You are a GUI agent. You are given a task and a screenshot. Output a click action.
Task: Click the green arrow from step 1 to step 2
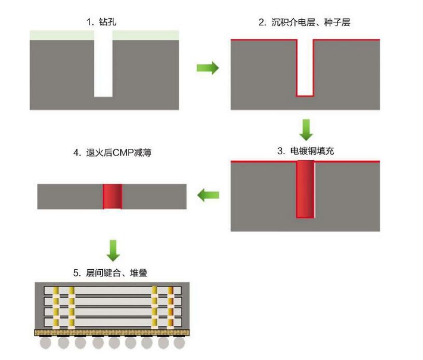(x=208, y=68)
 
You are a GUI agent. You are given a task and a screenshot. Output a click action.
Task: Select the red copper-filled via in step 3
(x=305, y=190)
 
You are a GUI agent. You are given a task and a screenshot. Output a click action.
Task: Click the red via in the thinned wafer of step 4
(x=112, y=196)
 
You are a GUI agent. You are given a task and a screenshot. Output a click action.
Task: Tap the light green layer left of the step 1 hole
(x=61, y=35)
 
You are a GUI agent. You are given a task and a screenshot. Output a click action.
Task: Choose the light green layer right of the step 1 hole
(x=146, y=35)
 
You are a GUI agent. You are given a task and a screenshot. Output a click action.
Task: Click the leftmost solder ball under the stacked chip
(x=47, y=343)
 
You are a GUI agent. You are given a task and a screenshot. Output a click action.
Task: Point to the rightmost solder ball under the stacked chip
(x=179, y=343)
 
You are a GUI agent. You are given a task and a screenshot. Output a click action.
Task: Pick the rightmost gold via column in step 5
(x=171, y=307)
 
